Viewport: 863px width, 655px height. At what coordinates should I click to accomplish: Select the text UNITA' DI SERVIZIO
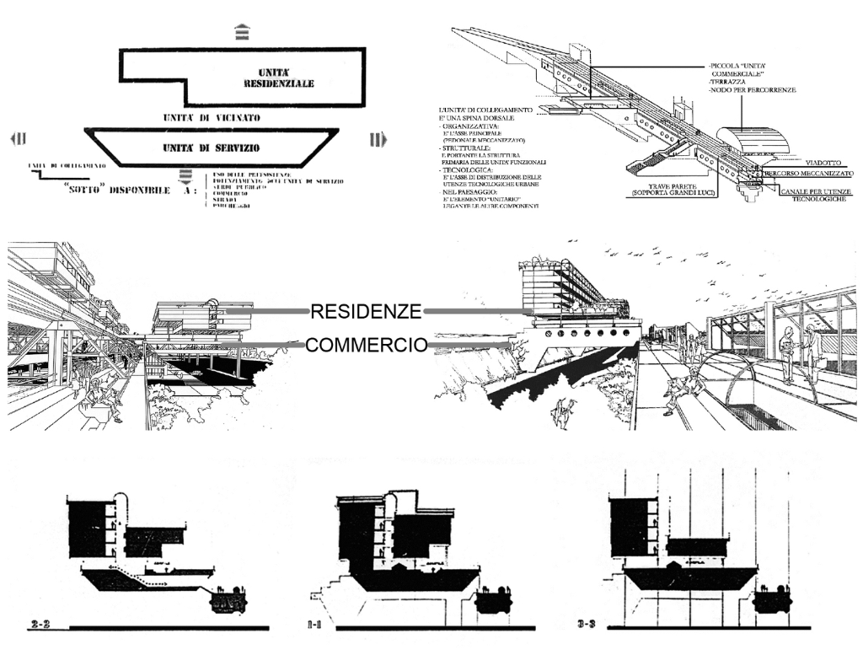tap(212, 148)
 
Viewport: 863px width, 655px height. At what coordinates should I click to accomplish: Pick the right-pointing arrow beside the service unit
tap(376, 139)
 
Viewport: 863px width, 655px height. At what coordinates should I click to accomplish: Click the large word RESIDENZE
tap(366, 312)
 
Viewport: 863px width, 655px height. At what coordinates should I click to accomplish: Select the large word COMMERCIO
tap(366, 345)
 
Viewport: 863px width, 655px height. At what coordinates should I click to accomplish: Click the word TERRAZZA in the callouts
tap(732, 81)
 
